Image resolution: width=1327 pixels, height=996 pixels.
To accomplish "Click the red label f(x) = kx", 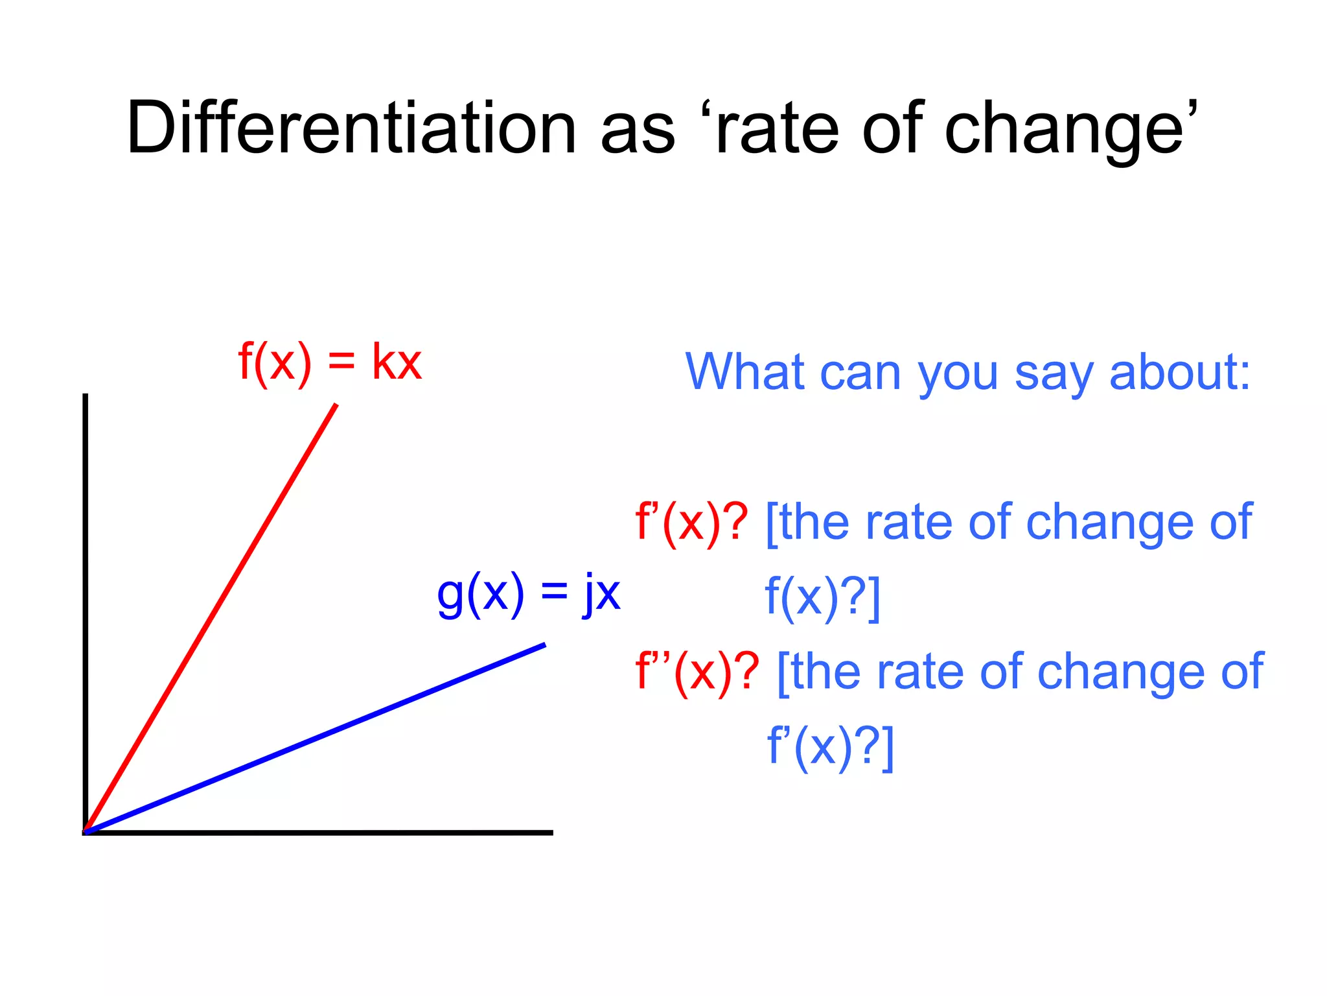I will click(330, 362).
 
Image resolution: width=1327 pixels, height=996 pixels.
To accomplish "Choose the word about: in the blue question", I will click(1179, 372).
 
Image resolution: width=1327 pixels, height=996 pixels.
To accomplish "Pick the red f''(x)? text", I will click(697, 672).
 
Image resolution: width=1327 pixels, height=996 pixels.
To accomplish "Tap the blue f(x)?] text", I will click(822, 597).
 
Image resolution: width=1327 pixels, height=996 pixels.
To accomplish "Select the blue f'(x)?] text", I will click(830, 746).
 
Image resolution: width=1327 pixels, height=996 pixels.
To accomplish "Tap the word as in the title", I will click(638, 130).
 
